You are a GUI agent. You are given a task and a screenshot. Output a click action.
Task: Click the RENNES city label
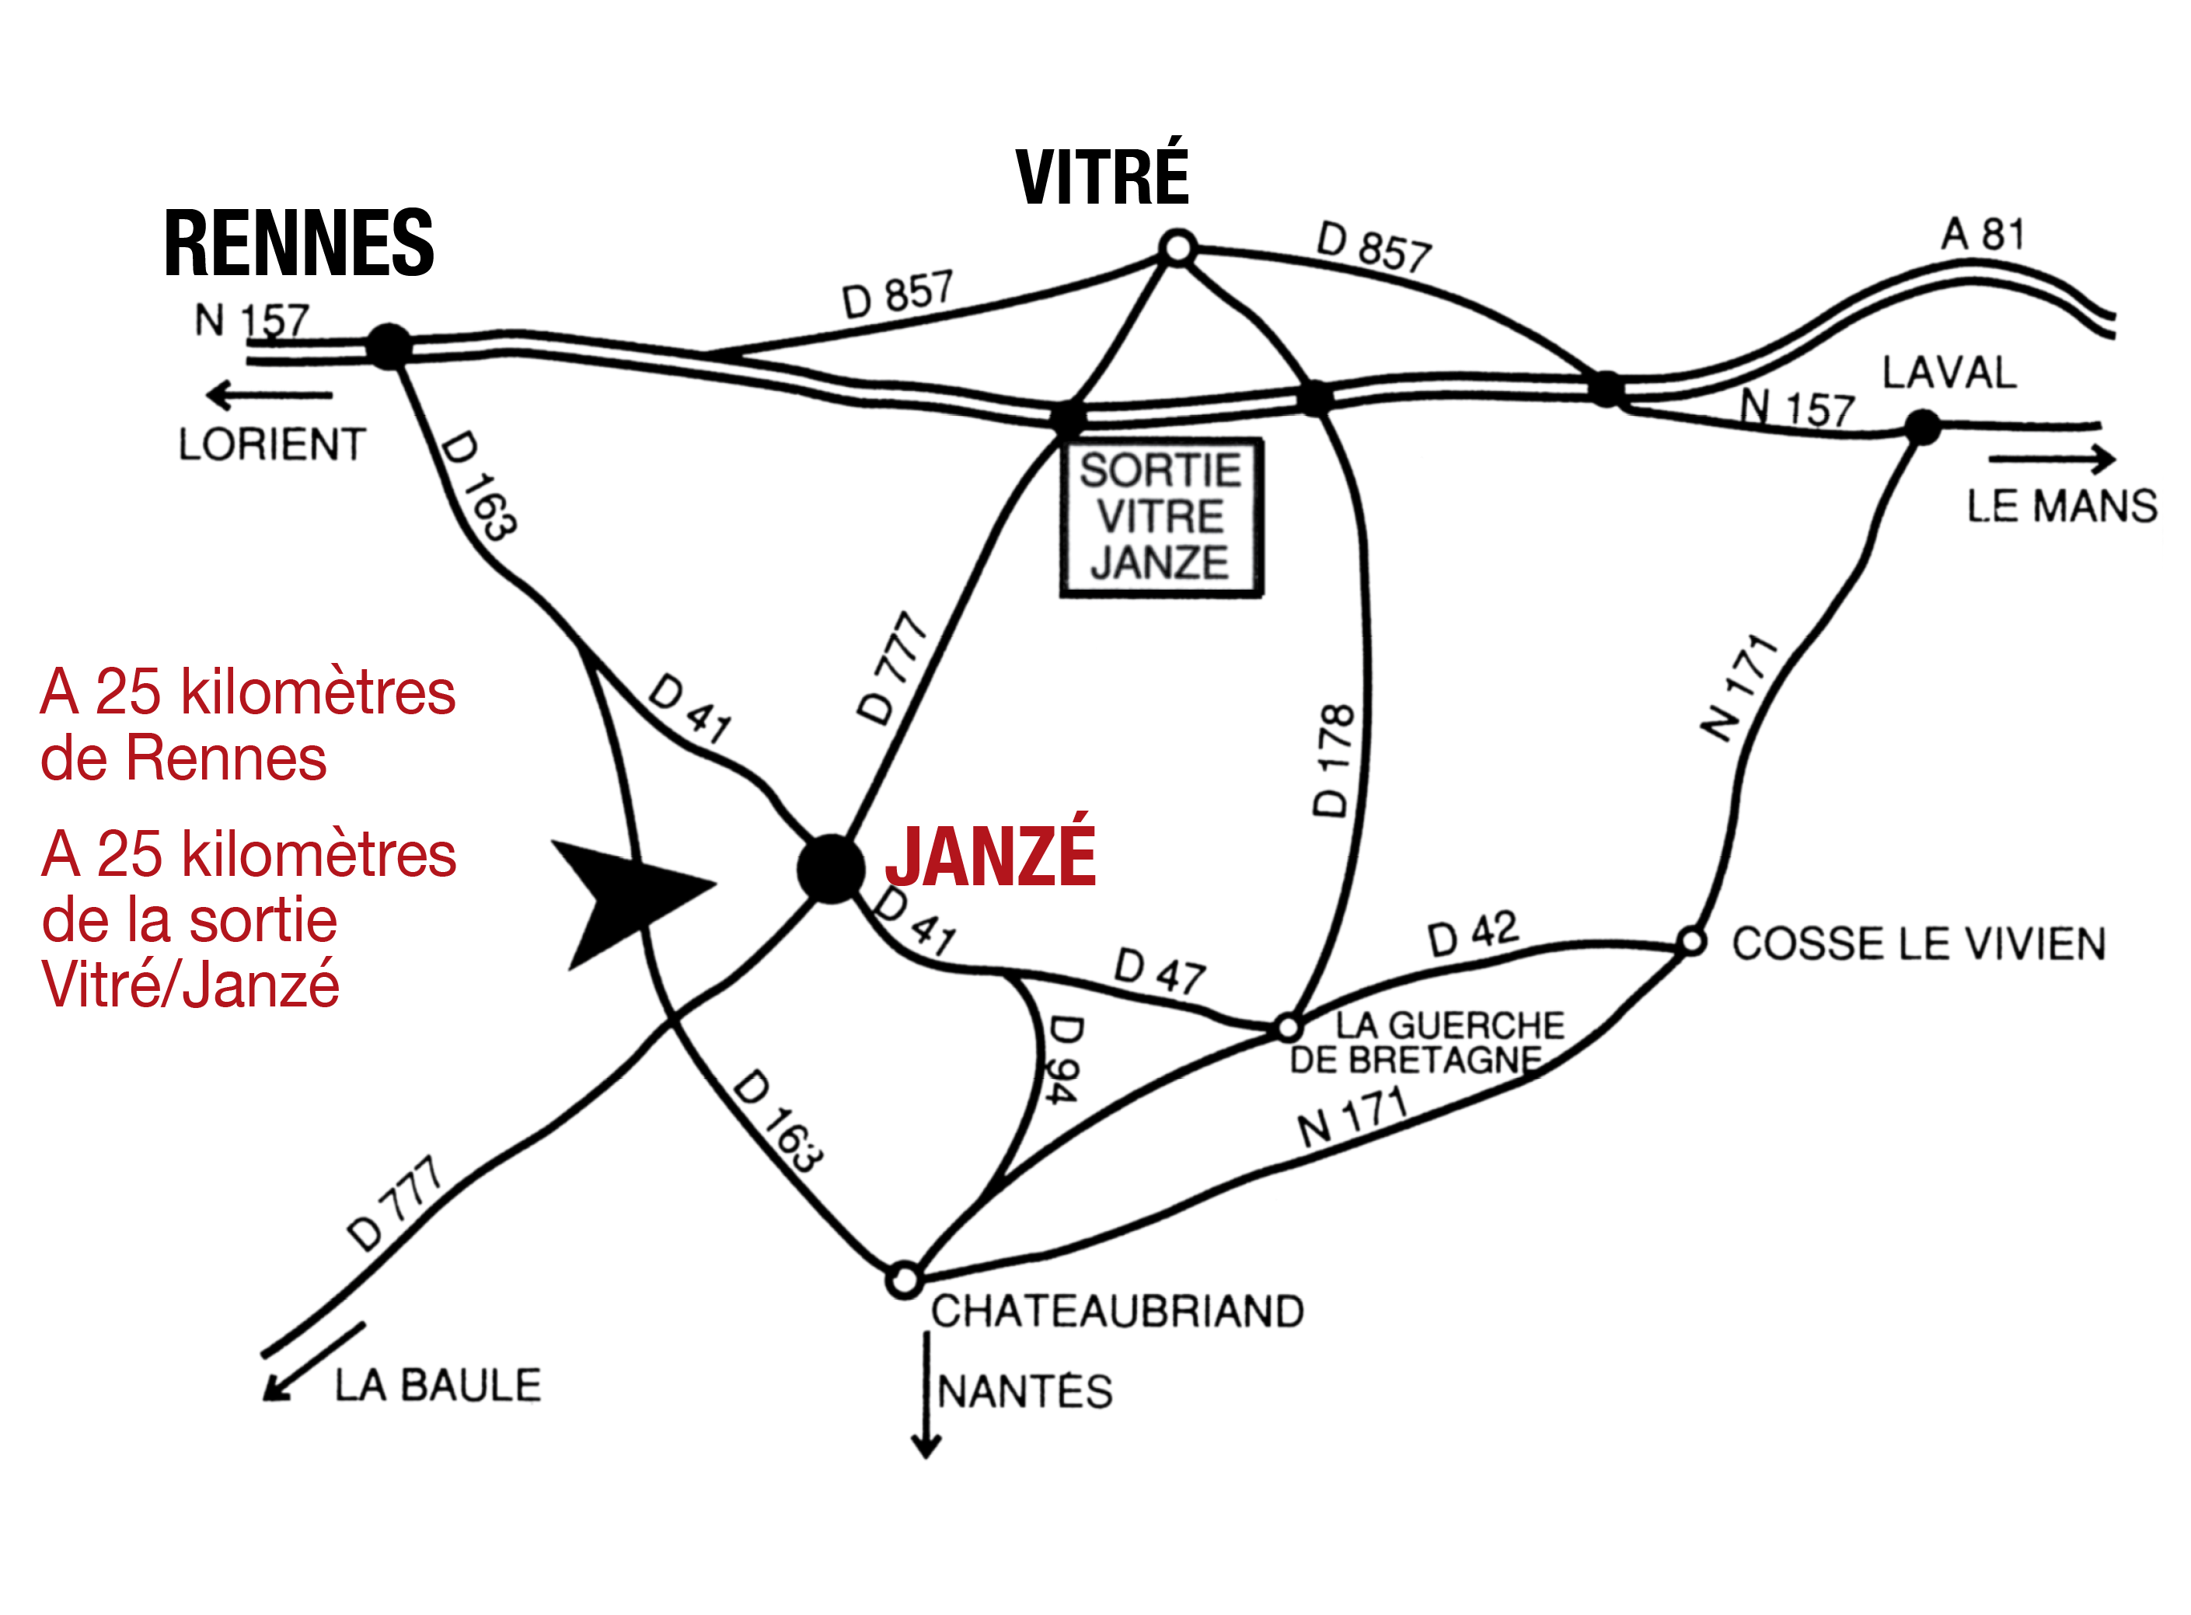(298, 242)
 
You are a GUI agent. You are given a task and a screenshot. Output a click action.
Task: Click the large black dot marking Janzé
(830, 868)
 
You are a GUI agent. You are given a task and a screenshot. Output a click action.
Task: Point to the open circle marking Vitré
(1178, 247)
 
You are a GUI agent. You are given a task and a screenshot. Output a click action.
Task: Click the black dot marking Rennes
(389, 346)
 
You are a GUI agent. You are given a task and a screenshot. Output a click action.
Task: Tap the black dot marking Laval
(1922, 427)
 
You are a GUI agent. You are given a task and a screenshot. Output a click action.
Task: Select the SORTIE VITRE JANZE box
(1161, 517)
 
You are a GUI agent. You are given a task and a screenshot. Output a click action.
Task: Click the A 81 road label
(1983, 235)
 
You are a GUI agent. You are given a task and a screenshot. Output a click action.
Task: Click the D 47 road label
(1160, 971)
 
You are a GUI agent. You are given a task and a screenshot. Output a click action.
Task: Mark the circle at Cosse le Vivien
(1691, 943)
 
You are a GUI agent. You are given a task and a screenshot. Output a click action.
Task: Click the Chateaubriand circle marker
(905, 1278)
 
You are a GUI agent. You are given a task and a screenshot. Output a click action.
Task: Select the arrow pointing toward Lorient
(269, 395)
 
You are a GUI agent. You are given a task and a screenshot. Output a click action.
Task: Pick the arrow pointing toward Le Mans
(2051, 459)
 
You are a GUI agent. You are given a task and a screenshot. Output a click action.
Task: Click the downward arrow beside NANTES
(926, 1395)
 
